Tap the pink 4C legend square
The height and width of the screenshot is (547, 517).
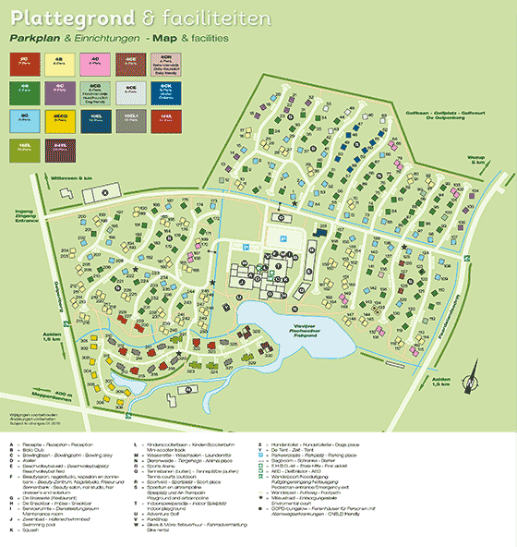(97, 63)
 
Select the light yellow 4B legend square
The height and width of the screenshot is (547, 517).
(60, 63)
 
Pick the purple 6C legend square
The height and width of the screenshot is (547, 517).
(60, 91)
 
